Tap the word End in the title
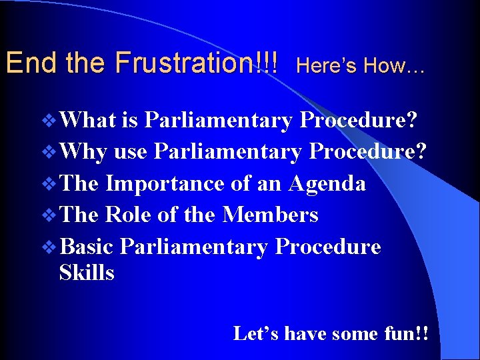(24, 63)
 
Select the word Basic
(89, 247)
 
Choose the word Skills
(87, 273)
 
